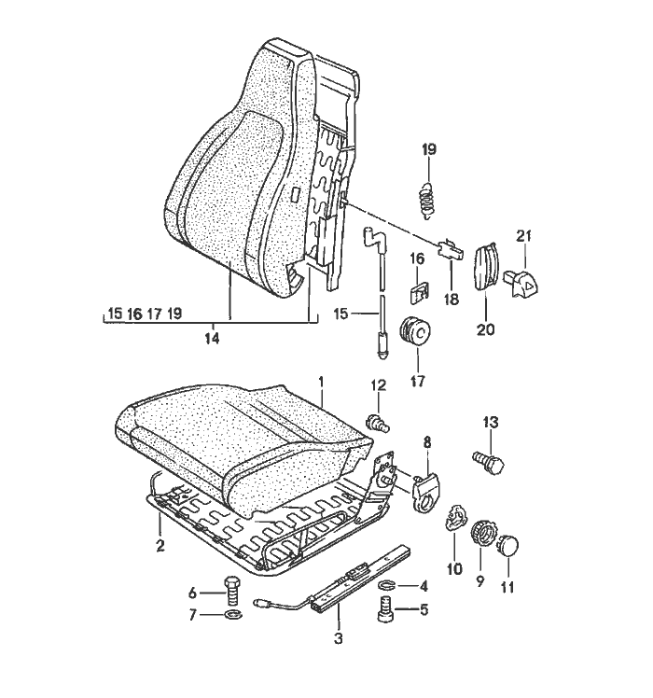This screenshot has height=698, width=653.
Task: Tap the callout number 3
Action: tap(339, 639)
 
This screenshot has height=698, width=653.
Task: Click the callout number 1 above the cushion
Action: tap(320, 382)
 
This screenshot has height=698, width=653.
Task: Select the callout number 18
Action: tap(452, 299)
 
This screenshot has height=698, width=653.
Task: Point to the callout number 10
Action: tap(456, 569)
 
